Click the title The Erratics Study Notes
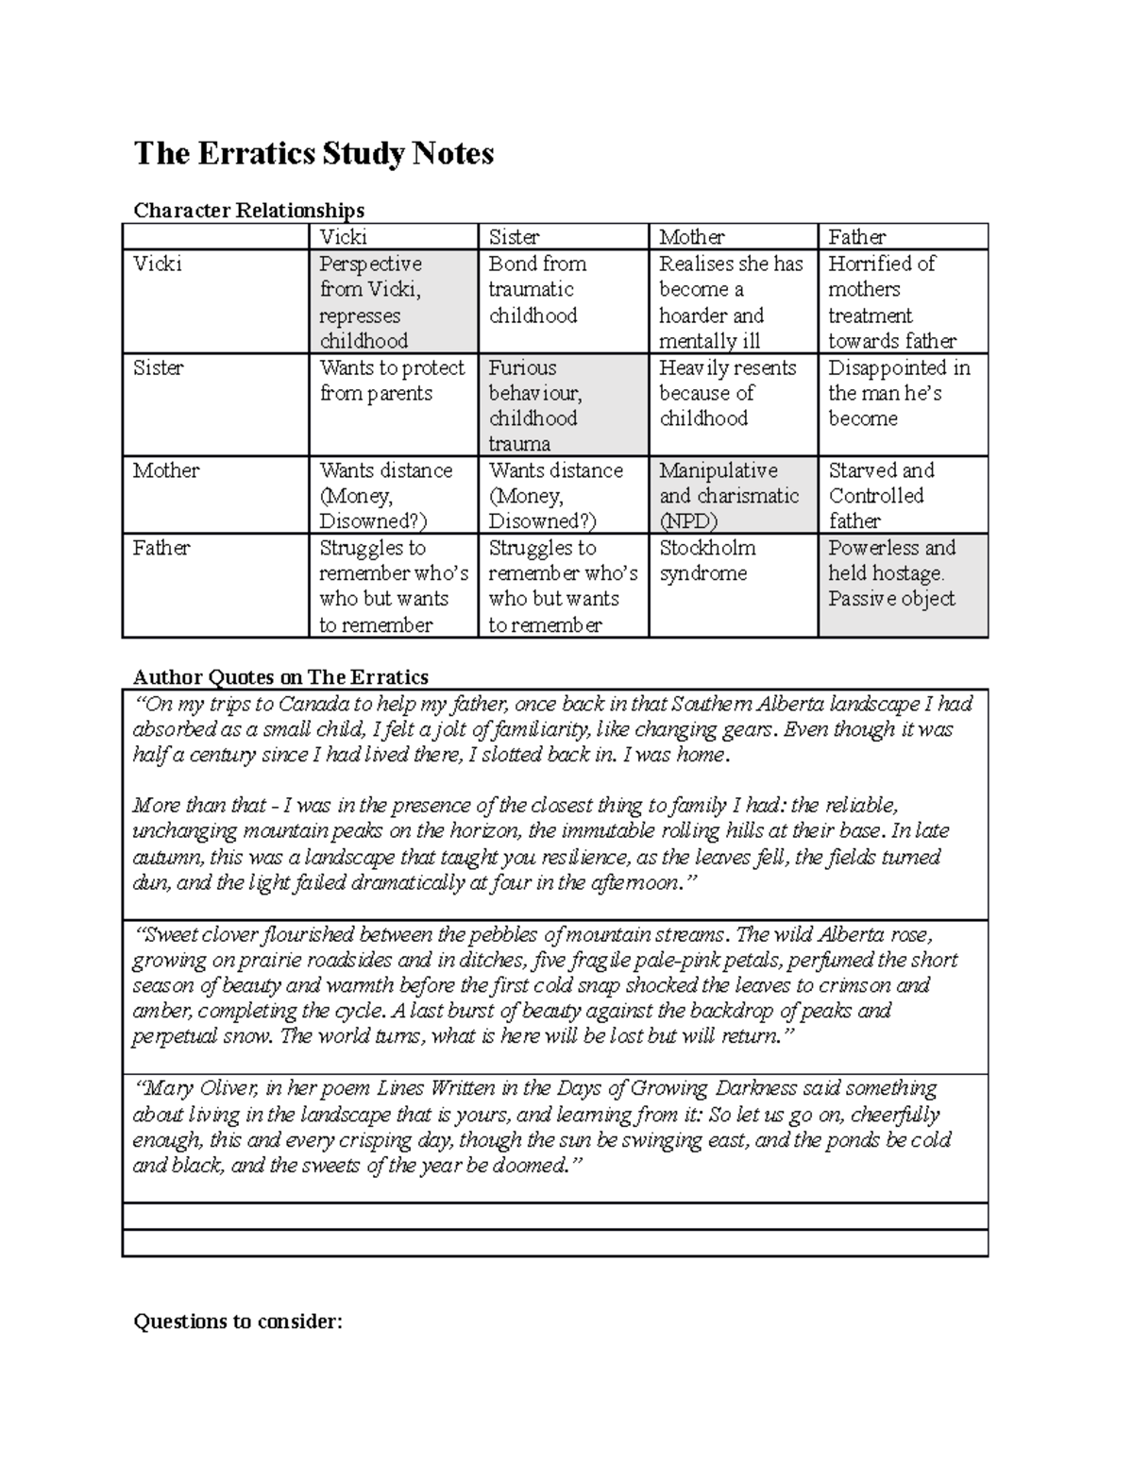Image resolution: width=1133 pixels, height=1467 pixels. coord(313,153)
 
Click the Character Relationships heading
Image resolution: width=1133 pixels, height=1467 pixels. coord(248,210)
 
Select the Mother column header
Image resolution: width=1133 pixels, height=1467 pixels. coord(691,237)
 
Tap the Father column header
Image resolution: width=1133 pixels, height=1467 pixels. coord(856,237)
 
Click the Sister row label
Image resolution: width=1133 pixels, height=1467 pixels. coord(160,367)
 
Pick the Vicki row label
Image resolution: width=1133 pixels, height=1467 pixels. coord(157,264)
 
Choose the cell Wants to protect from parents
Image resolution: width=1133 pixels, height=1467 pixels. coord(391,381)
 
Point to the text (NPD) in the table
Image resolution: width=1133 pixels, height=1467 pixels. coord(688,521)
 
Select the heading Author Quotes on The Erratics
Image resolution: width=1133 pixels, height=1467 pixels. coord(280,676)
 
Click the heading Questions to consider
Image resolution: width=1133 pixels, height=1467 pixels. coord(237,1322)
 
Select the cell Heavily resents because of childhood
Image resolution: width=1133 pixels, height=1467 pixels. coord(726,393)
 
